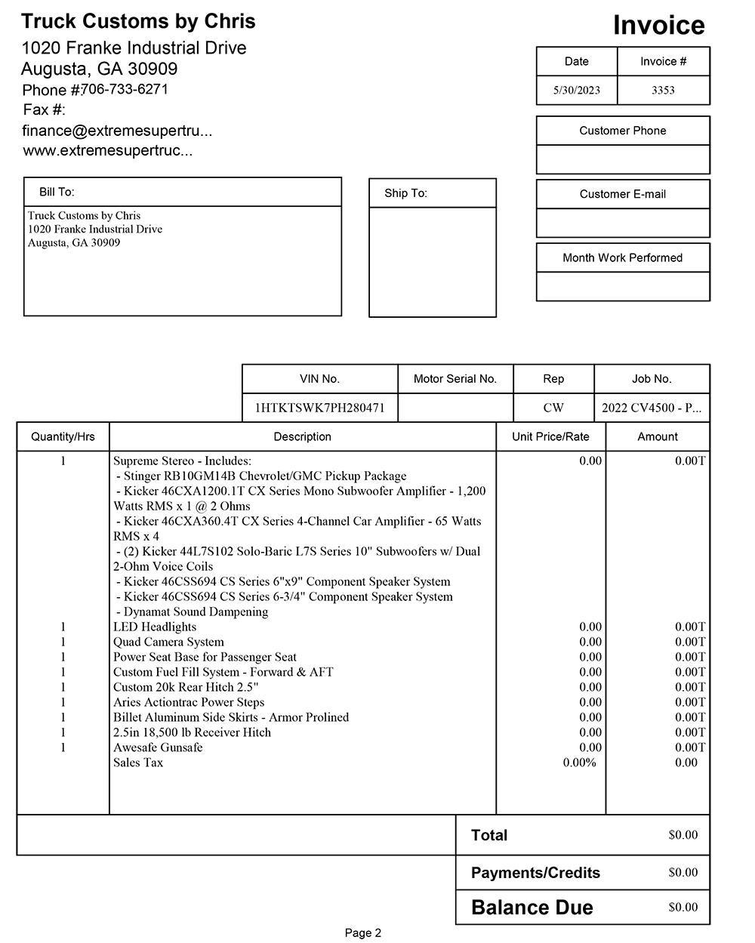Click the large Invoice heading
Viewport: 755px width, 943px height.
658,26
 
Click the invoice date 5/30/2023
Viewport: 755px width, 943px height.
576,90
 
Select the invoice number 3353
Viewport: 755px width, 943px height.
663,90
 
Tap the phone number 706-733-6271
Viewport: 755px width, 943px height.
125,89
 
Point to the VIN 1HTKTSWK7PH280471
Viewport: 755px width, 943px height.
319,408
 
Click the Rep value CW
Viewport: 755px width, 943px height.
553,408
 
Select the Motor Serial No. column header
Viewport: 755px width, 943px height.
455,379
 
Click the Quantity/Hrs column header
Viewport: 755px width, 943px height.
63,436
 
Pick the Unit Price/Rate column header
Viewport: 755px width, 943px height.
550,436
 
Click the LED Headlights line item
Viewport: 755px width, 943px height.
155,627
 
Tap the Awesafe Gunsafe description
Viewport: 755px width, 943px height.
158,747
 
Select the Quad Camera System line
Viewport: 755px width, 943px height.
168,642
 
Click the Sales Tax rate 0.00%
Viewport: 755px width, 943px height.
579,763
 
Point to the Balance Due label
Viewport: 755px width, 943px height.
532,908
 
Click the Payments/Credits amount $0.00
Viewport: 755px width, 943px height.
683,873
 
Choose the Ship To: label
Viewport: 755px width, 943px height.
405,193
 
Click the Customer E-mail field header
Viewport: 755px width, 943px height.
622,194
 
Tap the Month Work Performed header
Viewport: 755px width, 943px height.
622,257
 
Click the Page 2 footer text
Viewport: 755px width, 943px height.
363,933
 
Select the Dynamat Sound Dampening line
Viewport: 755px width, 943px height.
193,612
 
